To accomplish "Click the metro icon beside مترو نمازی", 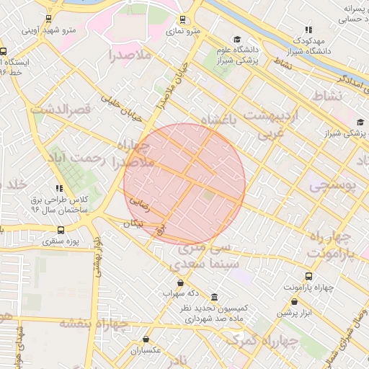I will [182, 19].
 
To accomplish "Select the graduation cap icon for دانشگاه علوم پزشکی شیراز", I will [237, 39].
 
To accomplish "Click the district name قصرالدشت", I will [61, 109].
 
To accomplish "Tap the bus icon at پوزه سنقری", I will [60, 231].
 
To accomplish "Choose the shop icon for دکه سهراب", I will [179, 283].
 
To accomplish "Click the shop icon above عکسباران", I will [146, 339].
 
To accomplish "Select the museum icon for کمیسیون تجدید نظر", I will [215, 297].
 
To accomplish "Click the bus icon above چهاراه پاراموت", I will [309, 276].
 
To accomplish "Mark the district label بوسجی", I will [333, 185].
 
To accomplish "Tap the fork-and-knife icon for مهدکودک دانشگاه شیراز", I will [308, 30].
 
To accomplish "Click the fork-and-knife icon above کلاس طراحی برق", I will [59, 188].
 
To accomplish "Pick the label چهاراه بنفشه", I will [93, 323].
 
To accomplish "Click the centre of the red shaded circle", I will [184, 184].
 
